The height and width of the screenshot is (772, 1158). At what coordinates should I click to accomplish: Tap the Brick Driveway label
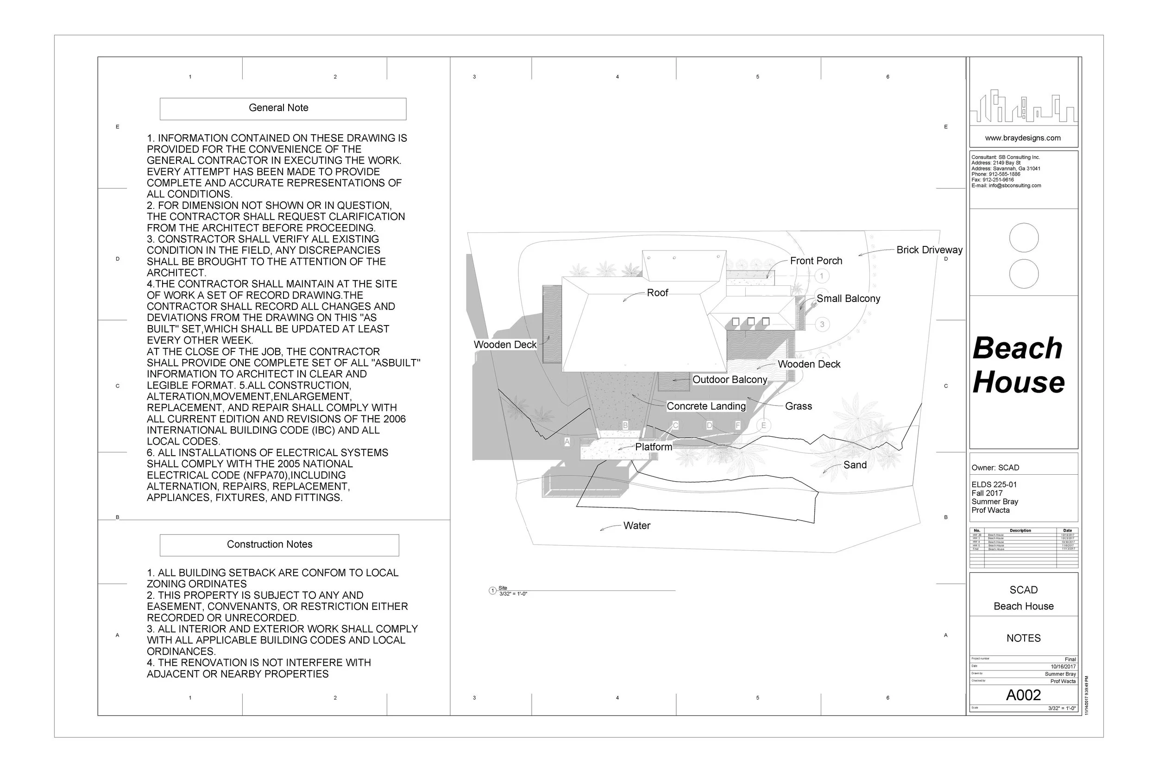pos(929,250)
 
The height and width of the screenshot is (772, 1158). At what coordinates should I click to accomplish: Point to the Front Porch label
pos(816,261)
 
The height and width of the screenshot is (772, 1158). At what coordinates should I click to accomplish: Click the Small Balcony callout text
pos(848,299)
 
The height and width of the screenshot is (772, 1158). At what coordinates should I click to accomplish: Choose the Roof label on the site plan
pos(657,293)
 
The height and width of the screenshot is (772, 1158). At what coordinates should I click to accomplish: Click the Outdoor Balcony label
pos(730,380)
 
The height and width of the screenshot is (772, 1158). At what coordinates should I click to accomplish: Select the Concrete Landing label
pos(706,406)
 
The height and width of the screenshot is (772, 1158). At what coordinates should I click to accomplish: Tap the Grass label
pos(798,406)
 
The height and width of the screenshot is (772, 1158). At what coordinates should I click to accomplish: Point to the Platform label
pos(654,447)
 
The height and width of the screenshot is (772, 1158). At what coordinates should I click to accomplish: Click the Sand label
pos(855,465)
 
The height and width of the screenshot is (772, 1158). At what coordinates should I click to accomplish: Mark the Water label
pos(636,526)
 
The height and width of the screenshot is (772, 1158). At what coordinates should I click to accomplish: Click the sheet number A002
pos(1023,695)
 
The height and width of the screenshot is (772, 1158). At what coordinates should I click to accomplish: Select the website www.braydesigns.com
pos(1023,138)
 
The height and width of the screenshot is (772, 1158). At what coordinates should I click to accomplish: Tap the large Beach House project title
pos(1018,365)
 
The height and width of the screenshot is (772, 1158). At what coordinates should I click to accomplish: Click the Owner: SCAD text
pos(995,468)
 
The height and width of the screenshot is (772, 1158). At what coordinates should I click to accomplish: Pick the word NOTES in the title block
pos(1023,639)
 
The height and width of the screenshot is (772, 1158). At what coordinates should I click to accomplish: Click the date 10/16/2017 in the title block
pos(1063,666)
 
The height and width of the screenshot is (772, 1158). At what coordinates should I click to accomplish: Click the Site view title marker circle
pos(492,591)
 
